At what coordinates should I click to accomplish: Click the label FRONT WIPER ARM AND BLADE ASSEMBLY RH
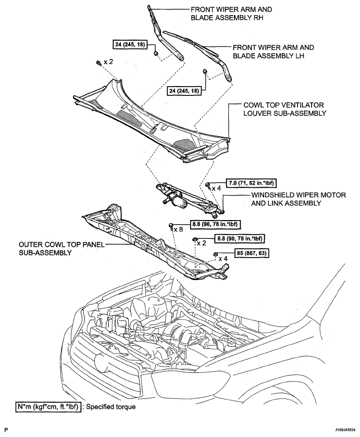tap(231, 14)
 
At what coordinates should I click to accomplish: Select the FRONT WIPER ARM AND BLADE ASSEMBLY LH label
tap(273, 52)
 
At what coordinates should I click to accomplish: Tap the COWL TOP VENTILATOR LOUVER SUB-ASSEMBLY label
tap(284, 110)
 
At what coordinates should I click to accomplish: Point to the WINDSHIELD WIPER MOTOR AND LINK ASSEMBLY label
tap(298, 199)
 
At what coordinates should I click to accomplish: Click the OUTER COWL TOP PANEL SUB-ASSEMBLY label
tap(61, 249)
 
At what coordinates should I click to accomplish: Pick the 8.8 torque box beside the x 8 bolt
tap(215, 224)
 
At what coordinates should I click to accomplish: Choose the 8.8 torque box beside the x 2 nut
tap(239, 238)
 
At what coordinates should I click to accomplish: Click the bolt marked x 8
tap(171, 226)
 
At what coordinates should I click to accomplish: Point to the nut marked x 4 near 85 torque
tap(215, 254)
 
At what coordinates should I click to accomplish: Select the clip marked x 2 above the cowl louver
tap(98, 63)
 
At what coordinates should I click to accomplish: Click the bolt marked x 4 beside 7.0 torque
tap(208, 185)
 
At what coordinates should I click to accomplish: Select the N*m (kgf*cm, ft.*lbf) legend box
tap(48, 407)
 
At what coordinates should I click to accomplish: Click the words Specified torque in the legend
tap(111, 407)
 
